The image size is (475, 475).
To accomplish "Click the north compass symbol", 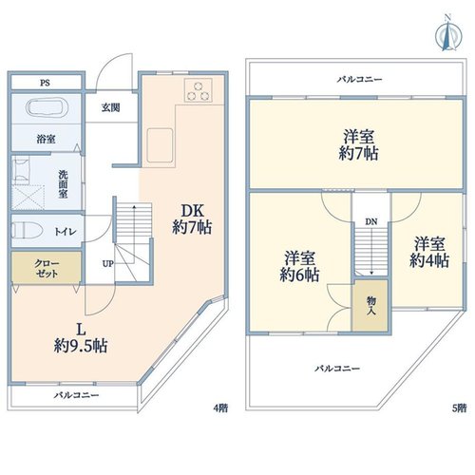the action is (x=448, y=36).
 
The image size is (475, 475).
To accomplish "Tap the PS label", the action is (x=45, y=83).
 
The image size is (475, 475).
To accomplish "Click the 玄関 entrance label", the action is (x=111, y=107).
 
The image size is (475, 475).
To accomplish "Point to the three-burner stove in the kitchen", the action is (x=199, y=90).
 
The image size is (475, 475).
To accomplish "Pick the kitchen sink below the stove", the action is (x=160, y=145).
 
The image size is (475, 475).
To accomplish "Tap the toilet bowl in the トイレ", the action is (x=27, y=231).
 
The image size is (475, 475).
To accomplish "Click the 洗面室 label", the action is (x=63, y=184).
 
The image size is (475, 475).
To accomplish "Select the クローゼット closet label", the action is (x=47, y=268).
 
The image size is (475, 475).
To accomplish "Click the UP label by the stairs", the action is (x=107, y=263).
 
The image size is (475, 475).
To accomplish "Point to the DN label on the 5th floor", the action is (x=371, y=222).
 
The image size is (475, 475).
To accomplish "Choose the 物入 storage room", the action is (x=370, y=306).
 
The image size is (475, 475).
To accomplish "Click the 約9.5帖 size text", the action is (x=81, y=346).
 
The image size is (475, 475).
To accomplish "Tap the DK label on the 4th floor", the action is (x=192, y=211).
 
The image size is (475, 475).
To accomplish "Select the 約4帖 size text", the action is (x=429, y=260).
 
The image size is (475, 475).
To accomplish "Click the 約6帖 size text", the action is (x=299, y=275).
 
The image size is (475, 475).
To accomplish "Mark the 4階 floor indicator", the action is (x=220, y=408).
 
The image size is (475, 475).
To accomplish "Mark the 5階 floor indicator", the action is (x=459, y=408).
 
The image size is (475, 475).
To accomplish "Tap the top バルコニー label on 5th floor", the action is (x=359, y=79).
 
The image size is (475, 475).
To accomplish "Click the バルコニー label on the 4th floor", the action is (x=76, y=395).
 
